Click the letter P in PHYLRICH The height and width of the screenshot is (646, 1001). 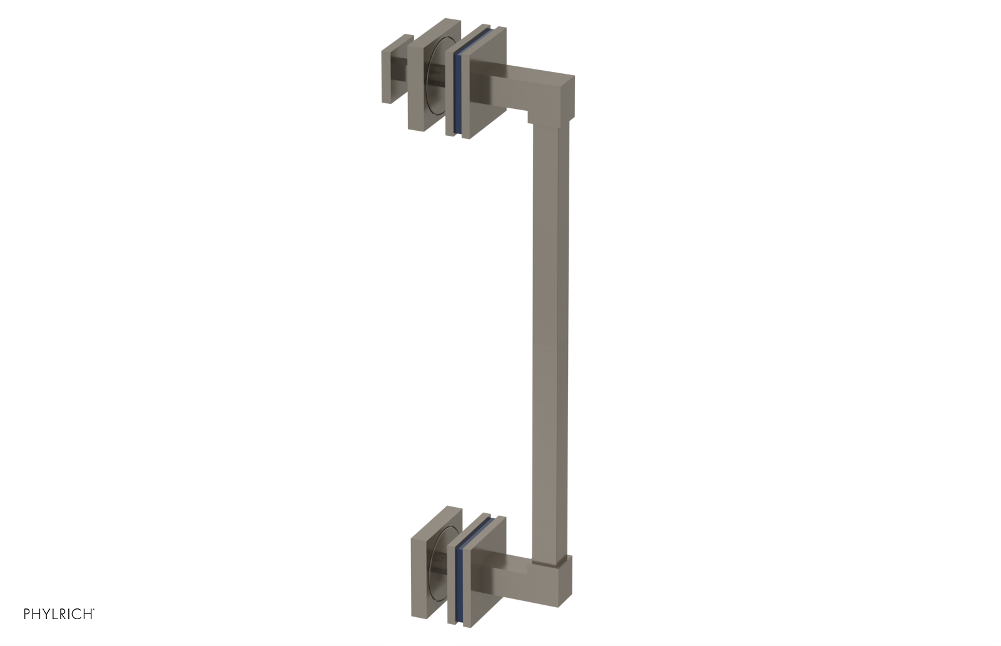[27, 614]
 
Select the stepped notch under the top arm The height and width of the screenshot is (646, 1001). [531, 117]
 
